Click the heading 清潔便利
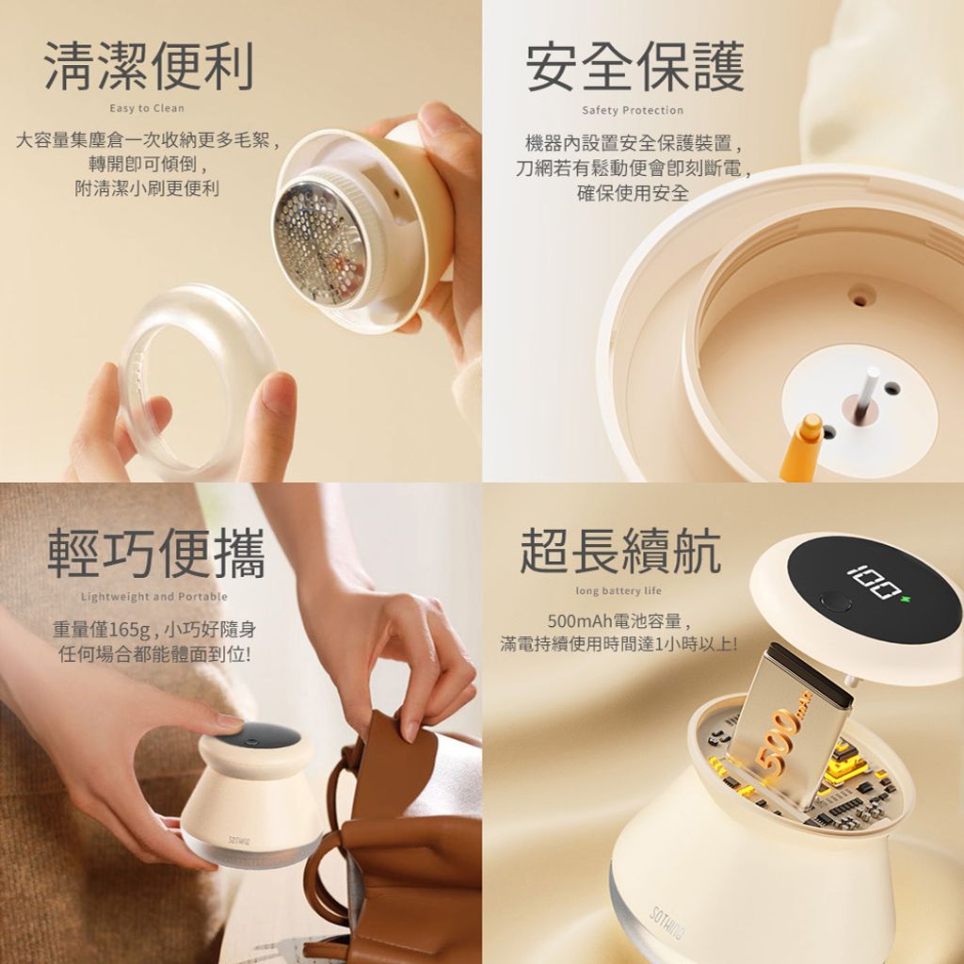point(149,66)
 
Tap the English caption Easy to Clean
point(147,108)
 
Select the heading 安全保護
point(635,67)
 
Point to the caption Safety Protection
point(633,111)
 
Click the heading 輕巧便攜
point(156,553)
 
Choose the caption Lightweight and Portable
point(154,596)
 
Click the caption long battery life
point(619,591)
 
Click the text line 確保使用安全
point(633,193)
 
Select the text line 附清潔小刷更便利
point(147,188)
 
